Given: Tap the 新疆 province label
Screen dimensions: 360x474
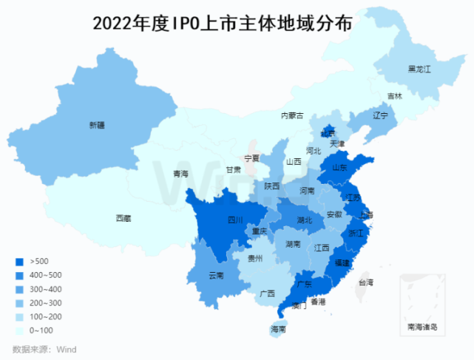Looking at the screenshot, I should tap(97, 125).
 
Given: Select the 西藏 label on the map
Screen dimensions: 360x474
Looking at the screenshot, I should tap(123, 218).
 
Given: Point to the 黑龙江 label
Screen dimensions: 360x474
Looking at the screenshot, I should tap(419, 69).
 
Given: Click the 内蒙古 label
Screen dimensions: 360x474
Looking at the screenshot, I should tap(292, 115).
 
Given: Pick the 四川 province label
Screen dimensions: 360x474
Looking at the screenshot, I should tap(235, 220).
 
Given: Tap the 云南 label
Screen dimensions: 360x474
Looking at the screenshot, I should tap(216, 276).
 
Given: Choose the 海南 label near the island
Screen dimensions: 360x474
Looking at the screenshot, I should tap(278, 329).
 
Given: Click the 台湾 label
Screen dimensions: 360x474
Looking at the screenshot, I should tap(366, 282).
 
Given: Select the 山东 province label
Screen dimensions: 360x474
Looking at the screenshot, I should tap(340, 168).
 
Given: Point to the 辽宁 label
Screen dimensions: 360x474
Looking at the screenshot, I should tap(380, 116).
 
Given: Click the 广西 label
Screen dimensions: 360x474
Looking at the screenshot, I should tap(268, 293).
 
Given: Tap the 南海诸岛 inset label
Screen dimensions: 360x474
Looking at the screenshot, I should tap(422, 326).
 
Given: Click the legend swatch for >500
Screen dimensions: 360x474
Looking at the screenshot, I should tap(19, 262).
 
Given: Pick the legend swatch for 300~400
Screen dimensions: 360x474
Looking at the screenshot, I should tap(19, 289).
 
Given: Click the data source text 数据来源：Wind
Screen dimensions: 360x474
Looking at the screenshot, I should tap(44, 349).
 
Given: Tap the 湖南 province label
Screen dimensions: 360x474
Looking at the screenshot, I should tap(293, 244).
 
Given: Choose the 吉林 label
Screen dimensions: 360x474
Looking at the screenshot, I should tap(396, 96).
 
